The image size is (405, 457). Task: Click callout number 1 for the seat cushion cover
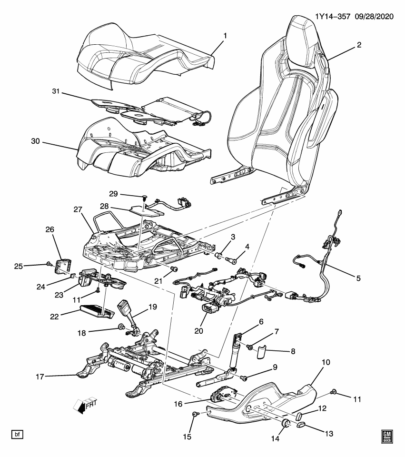click(225, 36)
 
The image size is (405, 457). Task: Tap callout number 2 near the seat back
click(359, 45)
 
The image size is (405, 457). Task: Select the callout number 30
click(36, 141)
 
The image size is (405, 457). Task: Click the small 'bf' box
click(18, 434)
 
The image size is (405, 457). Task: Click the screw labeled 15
click(195, 415)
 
